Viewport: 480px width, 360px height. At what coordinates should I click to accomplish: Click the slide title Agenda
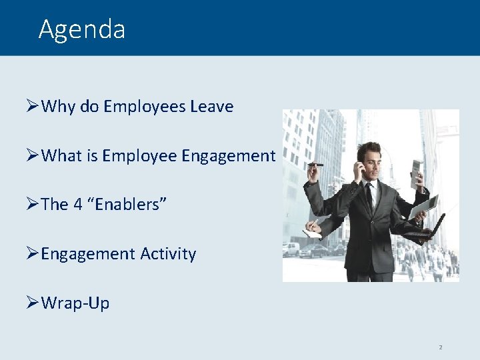pyautogui.click(x=81, y=29)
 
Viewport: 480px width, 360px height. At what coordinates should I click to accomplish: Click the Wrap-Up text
pyautogui.click(x=75, y=303)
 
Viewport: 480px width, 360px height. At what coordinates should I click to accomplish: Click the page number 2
pyautogui.click(x=440, y=347)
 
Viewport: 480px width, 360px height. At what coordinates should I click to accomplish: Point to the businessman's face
pyautogui.click(x=367, y=161)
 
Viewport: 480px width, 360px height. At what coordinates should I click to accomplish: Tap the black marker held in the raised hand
pyautogui.click(x=314, y=164)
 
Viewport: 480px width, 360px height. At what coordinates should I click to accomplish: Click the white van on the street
pyautogui.click(x=291, y=249)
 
